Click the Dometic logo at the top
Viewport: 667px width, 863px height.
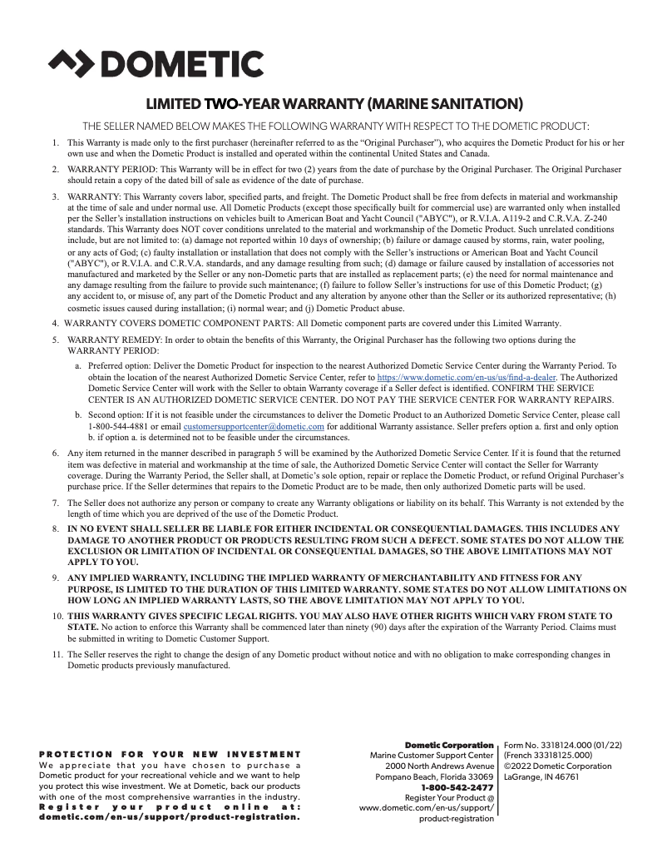point(156,64)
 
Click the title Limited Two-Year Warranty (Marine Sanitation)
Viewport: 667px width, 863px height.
point(334,105)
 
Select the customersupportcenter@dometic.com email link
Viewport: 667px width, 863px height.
point(254,426)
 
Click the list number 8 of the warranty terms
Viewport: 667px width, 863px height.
point(56,528)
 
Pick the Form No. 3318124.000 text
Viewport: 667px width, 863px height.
point(563,745)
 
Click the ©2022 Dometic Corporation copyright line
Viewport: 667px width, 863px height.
point(557,766)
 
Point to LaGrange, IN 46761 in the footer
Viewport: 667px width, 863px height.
point(541,777)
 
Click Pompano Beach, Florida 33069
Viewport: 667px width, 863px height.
point(434,776)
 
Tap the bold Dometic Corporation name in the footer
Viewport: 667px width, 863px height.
point(449,745)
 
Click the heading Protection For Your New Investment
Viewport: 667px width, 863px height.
point(170,754)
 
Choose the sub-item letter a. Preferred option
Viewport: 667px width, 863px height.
point(78,365)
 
